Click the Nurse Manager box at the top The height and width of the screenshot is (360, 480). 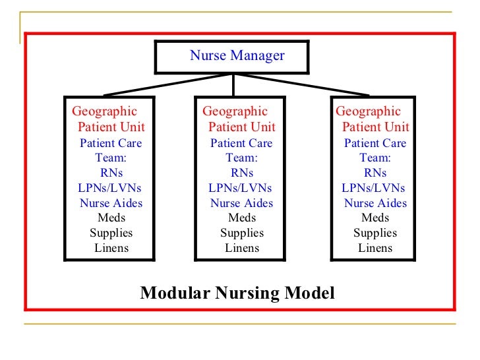[x=232, y=57]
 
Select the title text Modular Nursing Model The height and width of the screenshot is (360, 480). [x=237, y=293]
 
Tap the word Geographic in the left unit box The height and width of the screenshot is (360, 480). [x=105, y=111]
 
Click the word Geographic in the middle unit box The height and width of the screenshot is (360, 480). [x=235, y=111]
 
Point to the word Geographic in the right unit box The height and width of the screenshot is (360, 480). [x=369, y=111]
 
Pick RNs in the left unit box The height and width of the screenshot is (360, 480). [x=111, y=173]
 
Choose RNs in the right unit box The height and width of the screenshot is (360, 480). [x=375, y=173]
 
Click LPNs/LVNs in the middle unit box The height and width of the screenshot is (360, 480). [x=240, y=188]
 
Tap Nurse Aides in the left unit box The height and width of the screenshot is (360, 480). [x=111, y=203]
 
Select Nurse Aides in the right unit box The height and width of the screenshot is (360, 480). [x=375, y=203]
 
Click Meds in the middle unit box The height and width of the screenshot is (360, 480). [x=242, y=218]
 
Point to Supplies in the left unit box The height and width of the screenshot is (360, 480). [x=111, y=233]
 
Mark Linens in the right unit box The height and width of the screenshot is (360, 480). [x=375, y=249]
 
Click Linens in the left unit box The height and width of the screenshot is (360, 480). [x=111, y=249]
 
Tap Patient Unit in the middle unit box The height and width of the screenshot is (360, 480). [x=242, y=127]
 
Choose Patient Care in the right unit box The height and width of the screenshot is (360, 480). [x=375, y=143]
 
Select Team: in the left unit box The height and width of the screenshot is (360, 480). [x=111, y=158]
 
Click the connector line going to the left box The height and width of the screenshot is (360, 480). [x=165, y=85]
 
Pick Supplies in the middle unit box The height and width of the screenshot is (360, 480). [x=242, y=233]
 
